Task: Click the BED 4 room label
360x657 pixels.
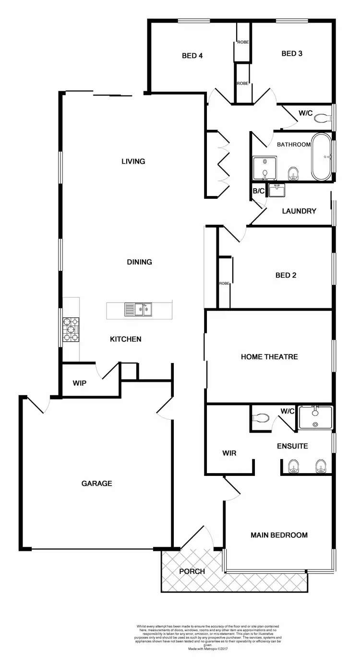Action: (192, 56)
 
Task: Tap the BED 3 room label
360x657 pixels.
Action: (292, 53)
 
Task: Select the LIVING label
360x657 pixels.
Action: (133, 161)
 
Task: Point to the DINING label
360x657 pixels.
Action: (139, 262)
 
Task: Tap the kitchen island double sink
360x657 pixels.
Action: (138, 310)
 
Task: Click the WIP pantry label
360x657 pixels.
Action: (79, 383)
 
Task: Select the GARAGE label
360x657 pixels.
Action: (96, 483)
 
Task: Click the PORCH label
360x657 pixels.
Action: (192, 571)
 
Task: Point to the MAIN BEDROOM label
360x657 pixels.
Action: (279, 535)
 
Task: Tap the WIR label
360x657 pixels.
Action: (229, 453)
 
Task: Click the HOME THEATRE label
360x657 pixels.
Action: (269, 356)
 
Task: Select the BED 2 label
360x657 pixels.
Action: (286, 275)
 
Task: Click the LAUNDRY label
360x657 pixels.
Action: (299, 211)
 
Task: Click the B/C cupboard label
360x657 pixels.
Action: (259, 191)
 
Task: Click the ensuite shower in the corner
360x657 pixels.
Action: (315, 417)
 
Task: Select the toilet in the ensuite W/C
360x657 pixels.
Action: (262, 418)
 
